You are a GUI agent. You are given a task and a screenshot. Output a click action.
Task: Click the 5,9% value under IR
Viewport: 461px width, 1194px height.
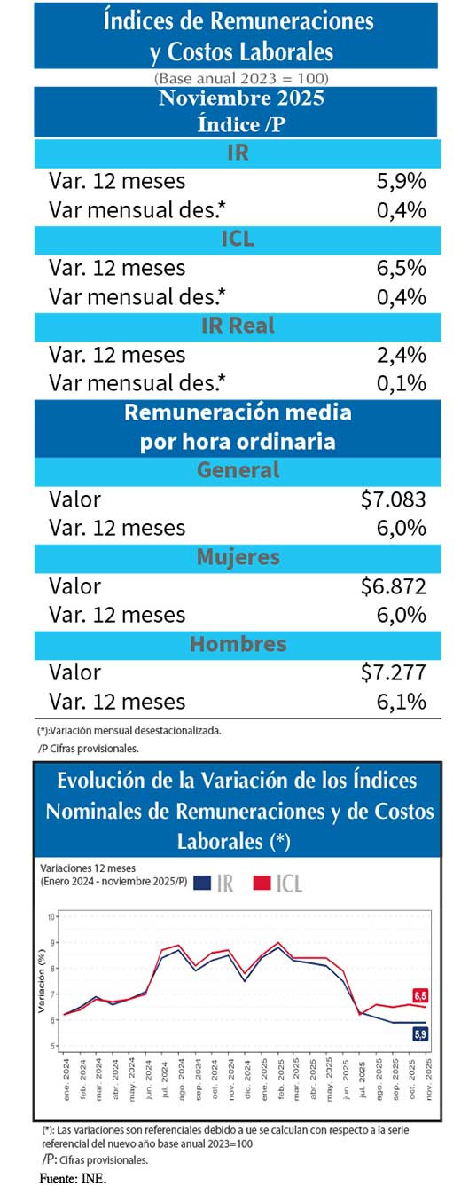click(402, 181)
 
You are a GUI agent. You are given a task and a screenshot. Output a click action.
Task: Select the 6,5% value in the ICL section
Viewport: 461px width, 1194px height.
click(402, 268)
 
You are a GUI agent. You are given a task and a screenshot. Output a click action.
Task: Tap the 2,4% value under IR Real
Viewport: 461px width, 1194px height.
click(402, 355)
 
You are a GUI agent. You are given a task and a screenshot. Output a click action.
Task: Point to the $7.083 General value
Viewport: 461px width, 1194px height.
click(394, 499)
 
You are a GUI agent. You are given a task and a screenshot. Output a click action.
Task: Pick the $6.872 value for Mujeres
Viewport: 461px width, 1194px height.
click(394, 586)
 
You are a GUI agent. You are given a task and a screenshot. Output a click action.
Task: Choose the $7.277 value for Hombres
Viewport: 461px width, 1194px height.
click(394, 672)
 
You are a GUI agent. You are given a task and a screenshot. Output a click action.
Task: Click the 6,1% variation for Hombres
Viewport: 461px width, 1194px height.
click(402, 702)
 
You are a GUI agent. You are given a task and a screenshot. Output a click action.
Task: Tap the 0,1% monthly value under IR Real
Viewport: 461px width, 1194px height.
click(402, 383)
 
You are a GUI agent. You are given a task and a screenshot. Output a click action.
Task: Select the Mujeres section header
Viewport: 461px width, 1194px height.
click(238, 557)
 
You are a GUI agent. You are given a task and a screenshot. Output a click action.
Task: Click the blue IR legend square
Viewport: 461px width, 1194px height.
click(201, 883)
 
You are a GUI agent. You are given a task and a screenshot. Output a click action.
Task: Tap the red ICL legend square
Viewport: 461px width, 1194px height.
click(262, 883)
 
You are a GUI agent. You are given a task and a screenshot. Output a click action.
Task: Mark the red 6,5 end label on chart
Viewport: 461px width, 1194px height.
click(421, 994)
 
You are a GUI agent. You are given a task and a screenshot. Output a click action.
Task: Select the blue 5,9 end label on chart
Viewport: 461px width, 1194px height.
click(421, 1033)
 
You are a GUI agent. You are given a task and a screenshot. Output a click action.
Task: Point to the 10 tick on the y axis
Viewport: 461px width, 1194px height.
click(51, 917)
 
